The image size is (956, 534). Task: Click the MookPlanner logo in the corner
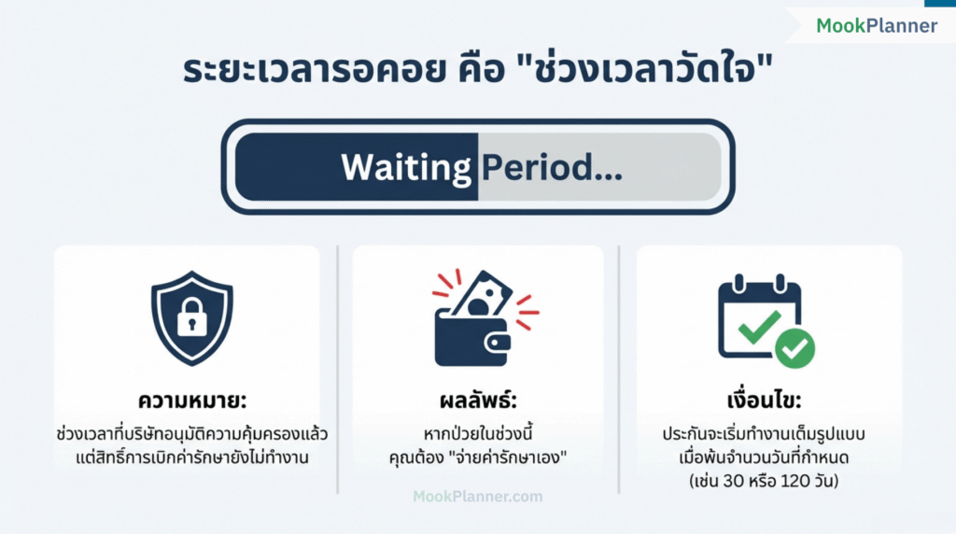coord(876,26)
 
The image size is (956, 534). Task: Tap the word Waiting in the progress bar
coord(406,168)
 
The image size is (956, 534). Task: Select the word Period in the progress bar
coord(550,168)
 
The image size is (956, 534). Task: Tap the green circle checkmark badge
coord(794,348)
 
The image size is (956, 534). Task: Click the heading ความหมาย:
coord(191,401)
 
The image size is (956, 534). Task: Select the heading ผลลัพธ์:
coord(478,401)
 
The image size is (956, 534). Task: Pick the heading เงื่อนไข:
coord(769,401)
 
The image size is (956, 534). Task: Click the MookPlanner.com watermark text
coord(478,497)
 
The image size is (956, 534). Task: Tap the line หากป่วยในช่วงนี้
coord(478,435)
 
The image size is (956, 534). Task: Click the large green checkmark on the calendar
coord(759,326)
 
